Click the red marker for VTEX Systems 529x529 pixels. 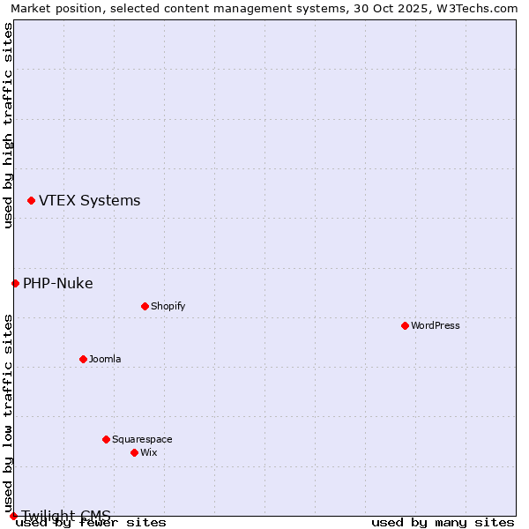coord(31,201)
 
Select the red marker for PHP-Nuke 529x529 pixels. coord(15,283)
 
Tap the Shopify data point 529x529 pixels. coord(145,306)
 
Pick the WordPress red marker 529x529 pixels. coord(405,325)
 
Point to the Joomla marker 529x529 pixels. coord(83,359)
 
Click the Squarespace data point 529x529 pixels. coord(106,439)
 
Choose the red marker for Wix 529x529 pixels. coord(134,452)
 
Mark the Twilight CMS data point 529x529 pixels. coord(13,516)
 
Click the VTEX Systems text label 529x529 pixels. coord(89,201)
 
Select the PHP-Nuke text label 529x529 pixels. coord(58,283)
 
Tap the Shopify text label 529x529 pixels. coord(168,306)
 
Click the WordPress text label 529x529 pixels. coord(436,325)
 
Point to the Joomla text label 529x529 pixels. coord(105,359)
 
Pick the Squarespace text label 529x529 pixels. coord(142,439)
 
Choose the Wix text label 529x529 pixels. coord(148,452)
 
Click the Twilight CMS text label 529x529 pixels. coord(67,516)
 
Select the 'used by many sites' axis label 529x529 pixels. coord(443,523)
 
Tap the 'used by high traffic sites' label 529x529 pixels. coord(9,125)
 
